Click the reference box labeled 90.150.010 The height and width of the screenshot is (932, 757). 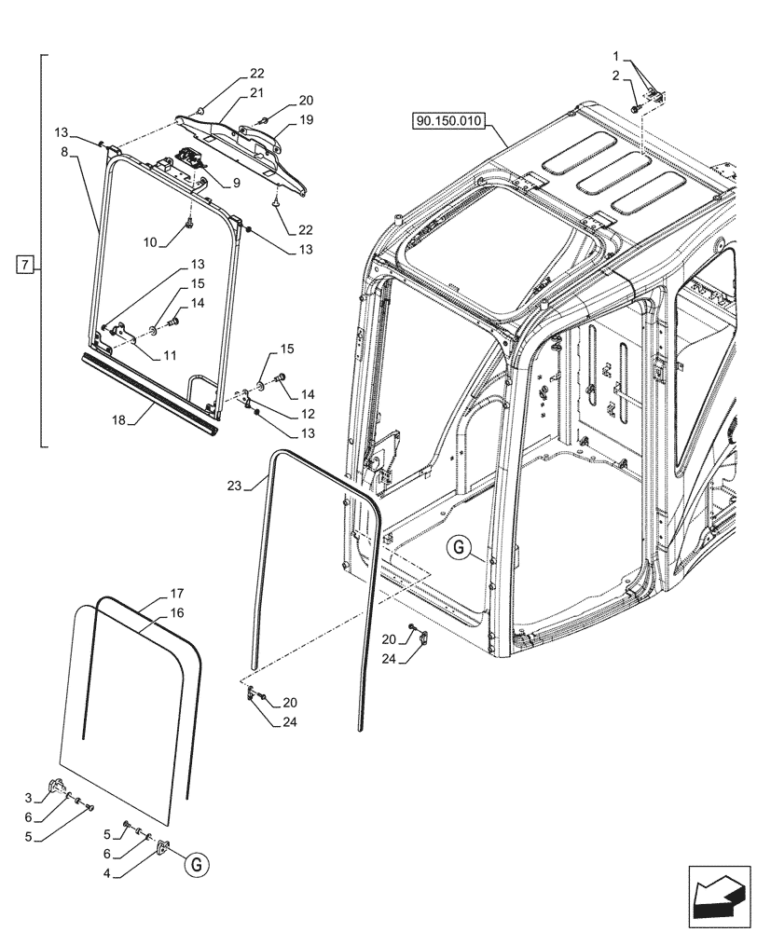click(x=447, y=122)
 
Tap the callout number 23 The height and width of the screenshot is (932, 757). click(x=235, y=485)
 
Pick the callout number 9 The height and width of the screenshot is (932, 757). click(x=236, y=184)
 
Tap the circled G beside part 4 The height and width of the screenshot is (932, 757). click(x=195, y=866)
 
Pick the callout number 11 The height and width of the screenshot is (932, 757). click(x=169, y=355)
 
